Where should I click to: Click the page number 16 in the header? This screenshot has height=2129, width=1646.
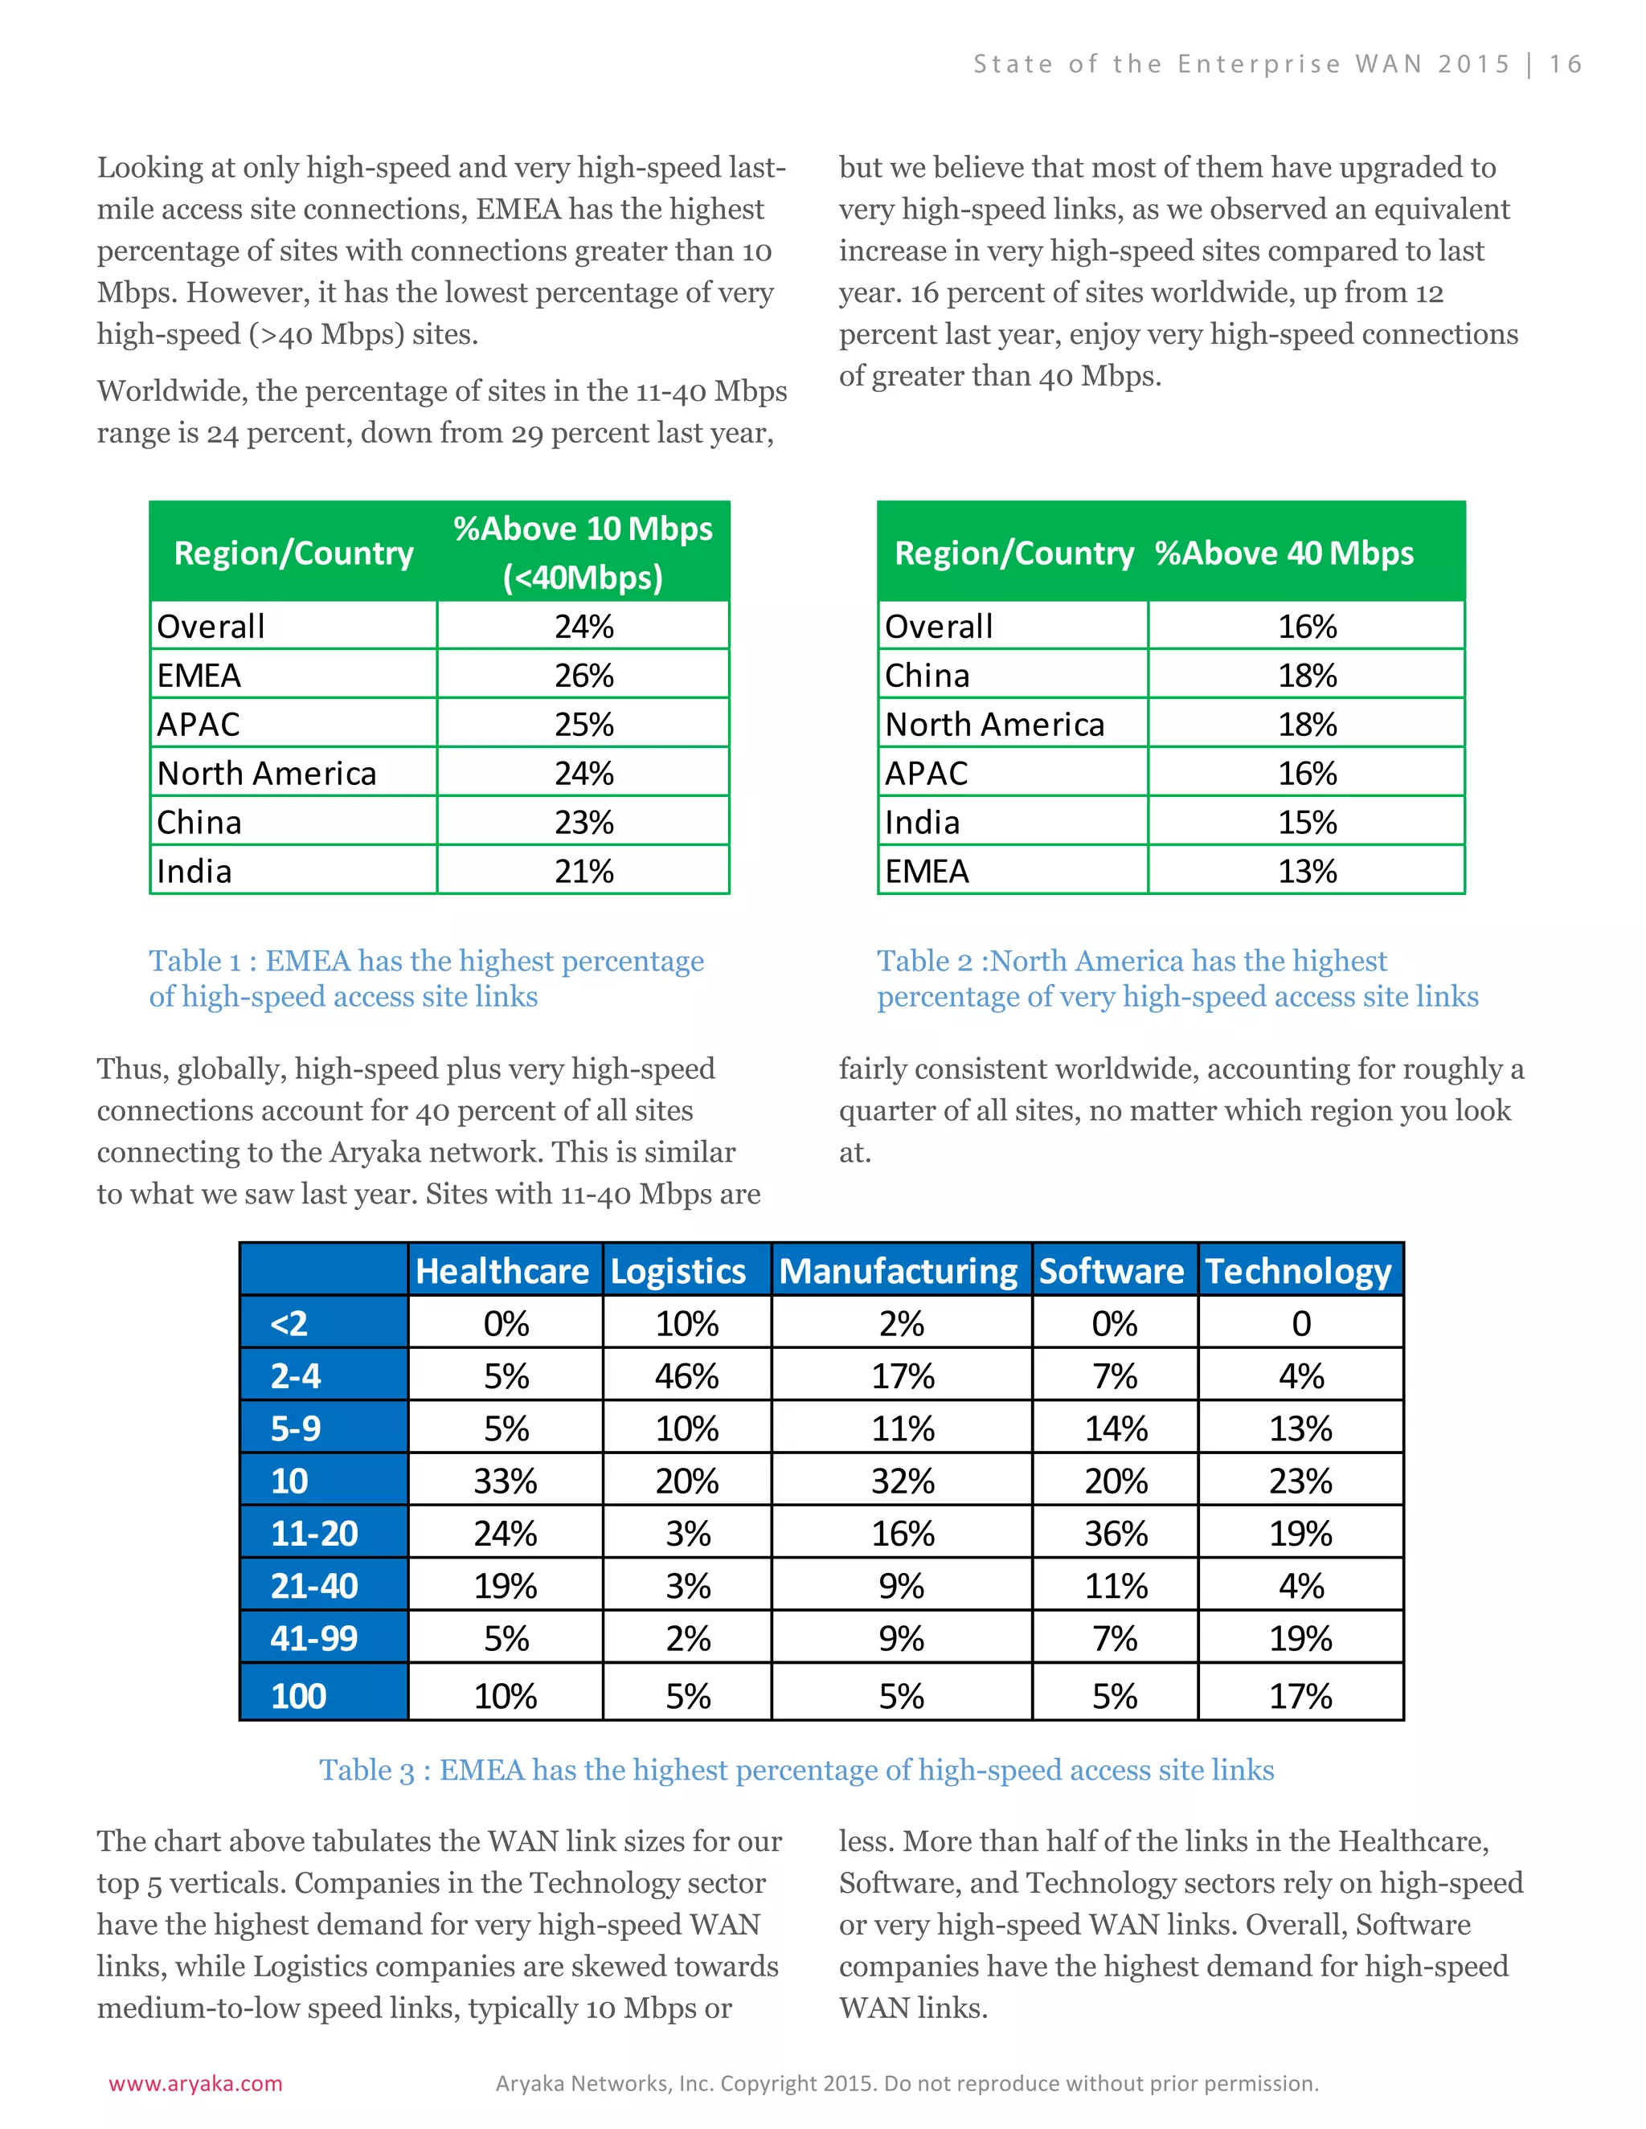(x=1565, y=64)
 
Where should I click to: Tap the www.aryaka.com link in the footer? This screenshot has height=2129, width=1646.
(x=195, y=2083)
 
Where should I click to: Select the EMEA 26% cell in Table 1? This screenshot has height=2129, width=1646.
(x=584, y=675)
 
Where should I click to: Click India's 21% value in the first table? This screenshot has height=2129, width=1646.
(x=584, y=871)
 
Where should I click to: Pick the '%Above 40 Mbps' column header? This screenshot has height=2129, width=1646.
(x=1284, y=553)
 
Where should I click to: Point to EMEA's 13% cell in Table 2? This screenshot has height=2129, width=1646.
(x=1307, y=871)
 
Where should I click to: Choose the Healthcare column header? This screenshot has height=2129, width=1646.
(x=502, y=1271)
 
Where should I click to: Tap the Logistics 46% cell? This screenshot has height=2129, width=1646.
(x=686, y=1375)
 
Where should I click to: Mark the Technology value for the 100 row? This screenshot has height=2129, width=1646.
(x=1300, y=1696)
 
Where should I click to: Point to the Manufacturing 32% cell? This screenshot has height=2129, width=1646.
(x=902, y=1481)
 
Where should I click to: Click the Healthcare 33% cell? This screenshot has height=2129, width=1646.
(x=505, y=1481)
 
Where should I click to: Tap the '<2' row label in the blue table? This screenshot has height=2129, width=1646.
(x=289, y=1323)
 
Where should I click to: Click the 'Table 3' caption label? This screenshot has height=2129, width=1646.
(x=366, y=1769)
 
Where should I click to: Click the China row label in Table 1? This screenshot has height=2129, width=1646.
(x=200, y=822)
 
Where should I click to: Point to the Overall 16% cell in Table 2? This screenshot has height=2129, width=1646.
(x=1307, y=626)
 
